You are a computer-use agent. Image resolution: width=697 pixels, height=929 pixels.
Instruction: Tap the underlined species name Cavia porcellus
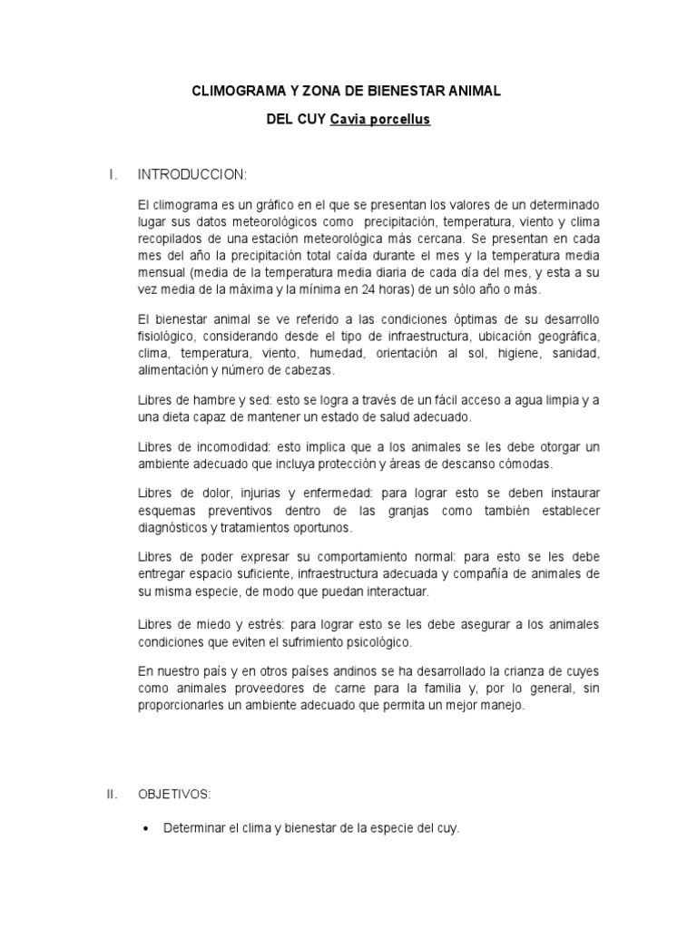click(x=380, y=119)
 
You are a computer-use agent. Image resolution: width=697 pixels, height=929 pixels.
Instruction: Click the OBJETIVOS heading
click(x=174, y=795)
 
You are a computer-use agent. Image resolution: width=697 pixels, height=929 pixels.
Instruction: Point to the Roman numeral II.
click(x=112, y=795)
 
